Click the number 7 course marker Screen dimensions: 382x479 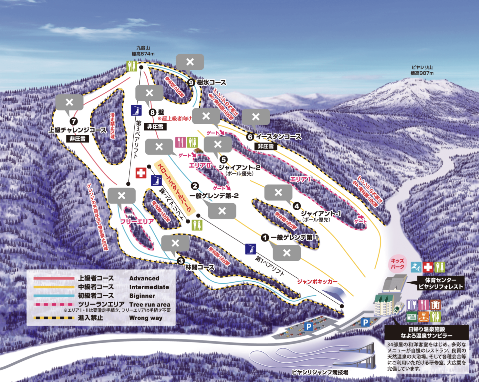pyautogui.click(x=74, y=122)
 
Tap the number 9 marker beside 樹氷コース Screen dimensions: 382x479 pyautogui.click(x=191, y=82)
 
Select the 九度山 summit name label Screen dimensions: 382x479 pyautogui.click(x=143, y=48)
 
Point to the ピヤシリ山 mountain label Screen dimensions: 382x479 pyautogui.click(x=422, y=67)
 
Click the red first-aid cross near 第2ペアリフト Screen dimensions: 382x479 pyautogui.click(x=141, y=173)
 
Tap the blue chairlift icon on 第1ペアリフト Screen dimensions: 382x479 pyautogui.click(x=250, y=249)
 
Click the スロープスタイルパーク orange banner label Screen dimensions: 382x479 pyautogui.click(x=174, y=188)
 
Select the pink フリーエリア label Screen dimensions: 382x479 pyautogui.click(x=137, y=222)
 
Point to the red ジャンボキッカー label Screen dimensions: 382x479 pyautogui.click(x=317, y=282)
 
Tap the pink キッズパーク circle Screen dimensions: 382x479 pyautogui.click(x=398, y=264)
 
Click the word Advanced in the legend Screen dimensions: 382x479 pyautogui.click(x=144, y=278)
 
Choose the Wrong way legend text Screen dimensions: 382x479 pyautogui.click(x=146, y=318)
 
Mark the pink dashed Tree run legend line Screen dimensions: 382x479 pyautogui.click(x=54, y=304)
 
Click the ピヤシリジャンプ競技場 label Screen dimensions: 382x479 pyautogui.click(x=320, y=372)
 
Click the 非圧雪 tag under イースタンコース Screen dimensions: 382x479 pyautogui.click(x=266, y=146)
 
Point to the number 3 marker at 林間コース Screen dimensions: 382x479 pyautogui.click(x=181, y=261)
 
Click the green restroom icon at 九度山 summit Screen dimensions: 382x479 pyautogui.click(x=132, y=66)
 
